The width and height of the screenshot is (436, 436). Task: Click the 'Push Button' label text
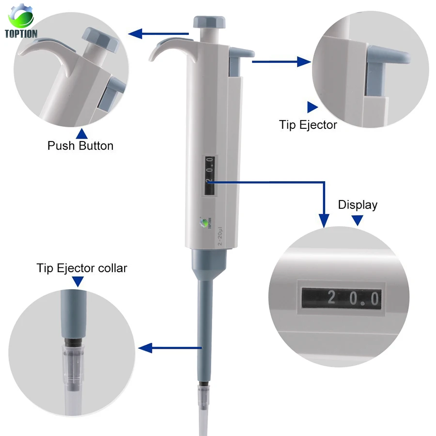pyautogui.click(x=80, y=146)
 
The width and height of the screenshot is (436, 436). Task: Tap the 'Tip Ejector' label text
pyautogui.click(x=308, y=125)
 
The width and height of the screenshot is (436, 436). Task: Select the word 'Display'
pyautogui.click(x=358, y=204)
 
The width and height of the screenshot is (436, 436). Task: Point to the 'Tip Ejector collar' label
pyautogui.click(x=82, y=268)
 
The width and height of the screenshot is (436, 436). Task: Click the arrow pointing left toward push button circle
pyautogui.click(x=136, y=33)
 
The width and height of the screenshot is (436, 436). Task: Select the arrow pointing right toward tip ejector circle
pyautogui.click(x=303, y=62)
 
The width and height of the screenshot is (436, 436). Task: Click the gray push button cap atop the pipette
pyautogui.click(x=210, y=22)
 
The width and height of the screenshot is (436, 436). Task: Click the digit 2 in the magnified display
pyautogui.click(x=331, y=297)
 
